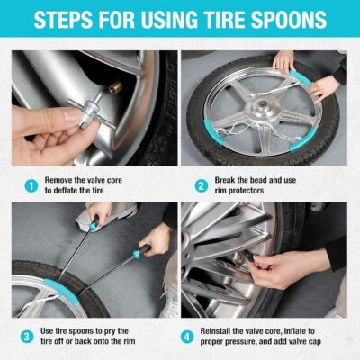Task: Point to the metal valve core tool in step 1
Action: (x=85, y=108)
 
